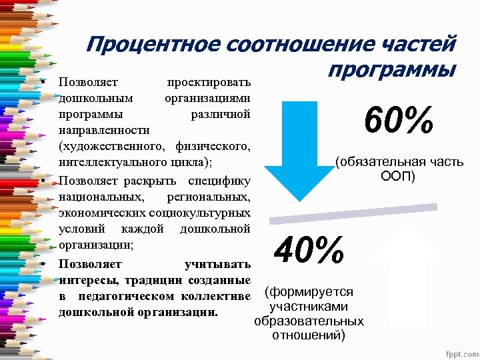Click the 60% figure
click(399, 122)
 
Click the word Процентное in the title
click(153, 46)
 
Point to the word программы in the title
click(393, 69)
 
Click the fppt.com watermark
click(457, 351)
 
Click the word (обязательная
click(377, 162)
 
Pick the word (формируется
click(309, 292)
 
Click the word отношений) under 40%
click(309, 335)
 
